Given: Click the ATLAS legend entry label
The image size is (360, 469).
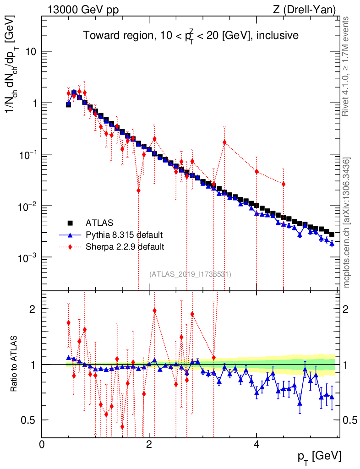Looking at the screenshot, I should click(99, 224).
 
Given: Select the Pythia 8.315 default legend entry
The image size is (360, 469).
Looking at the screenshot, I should click(124, 235).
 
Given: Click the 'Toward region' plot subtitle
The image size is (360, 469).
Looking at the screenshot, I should click(191, 35).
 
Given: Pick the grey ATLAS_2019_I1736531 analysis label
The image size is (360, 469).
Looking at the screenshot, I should click(190, 274).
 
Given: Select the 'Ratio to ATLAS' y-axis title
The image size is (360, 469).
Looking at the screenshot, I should click(15, 364).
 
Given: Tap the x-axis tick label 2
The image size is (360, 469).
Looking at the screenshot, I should click(149, 445).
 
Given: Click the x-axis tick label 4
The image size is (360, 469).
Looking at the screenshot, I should click(256, 445).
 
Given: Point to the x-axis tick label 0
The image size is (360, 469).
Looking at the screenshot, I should click(42, 445).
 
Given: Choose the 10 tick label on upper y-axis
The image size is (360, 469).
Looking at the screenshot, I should click(31, 52).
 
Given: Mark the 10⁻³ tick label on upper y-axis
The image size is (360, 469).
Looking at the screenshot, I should click(27, 258).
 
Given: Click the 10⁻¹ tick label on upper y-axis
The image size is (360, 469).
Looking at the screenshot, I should click(27, 155).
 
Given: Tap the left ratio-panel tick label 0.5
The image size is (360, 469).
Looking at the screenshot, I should click(30, 420).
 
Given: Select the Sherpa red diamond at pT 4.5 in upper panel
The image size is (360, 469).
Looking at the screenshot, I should click(284, 184).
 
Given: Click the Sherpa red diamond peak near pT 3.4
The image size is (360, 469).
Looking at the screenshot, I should click(224, 142).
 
